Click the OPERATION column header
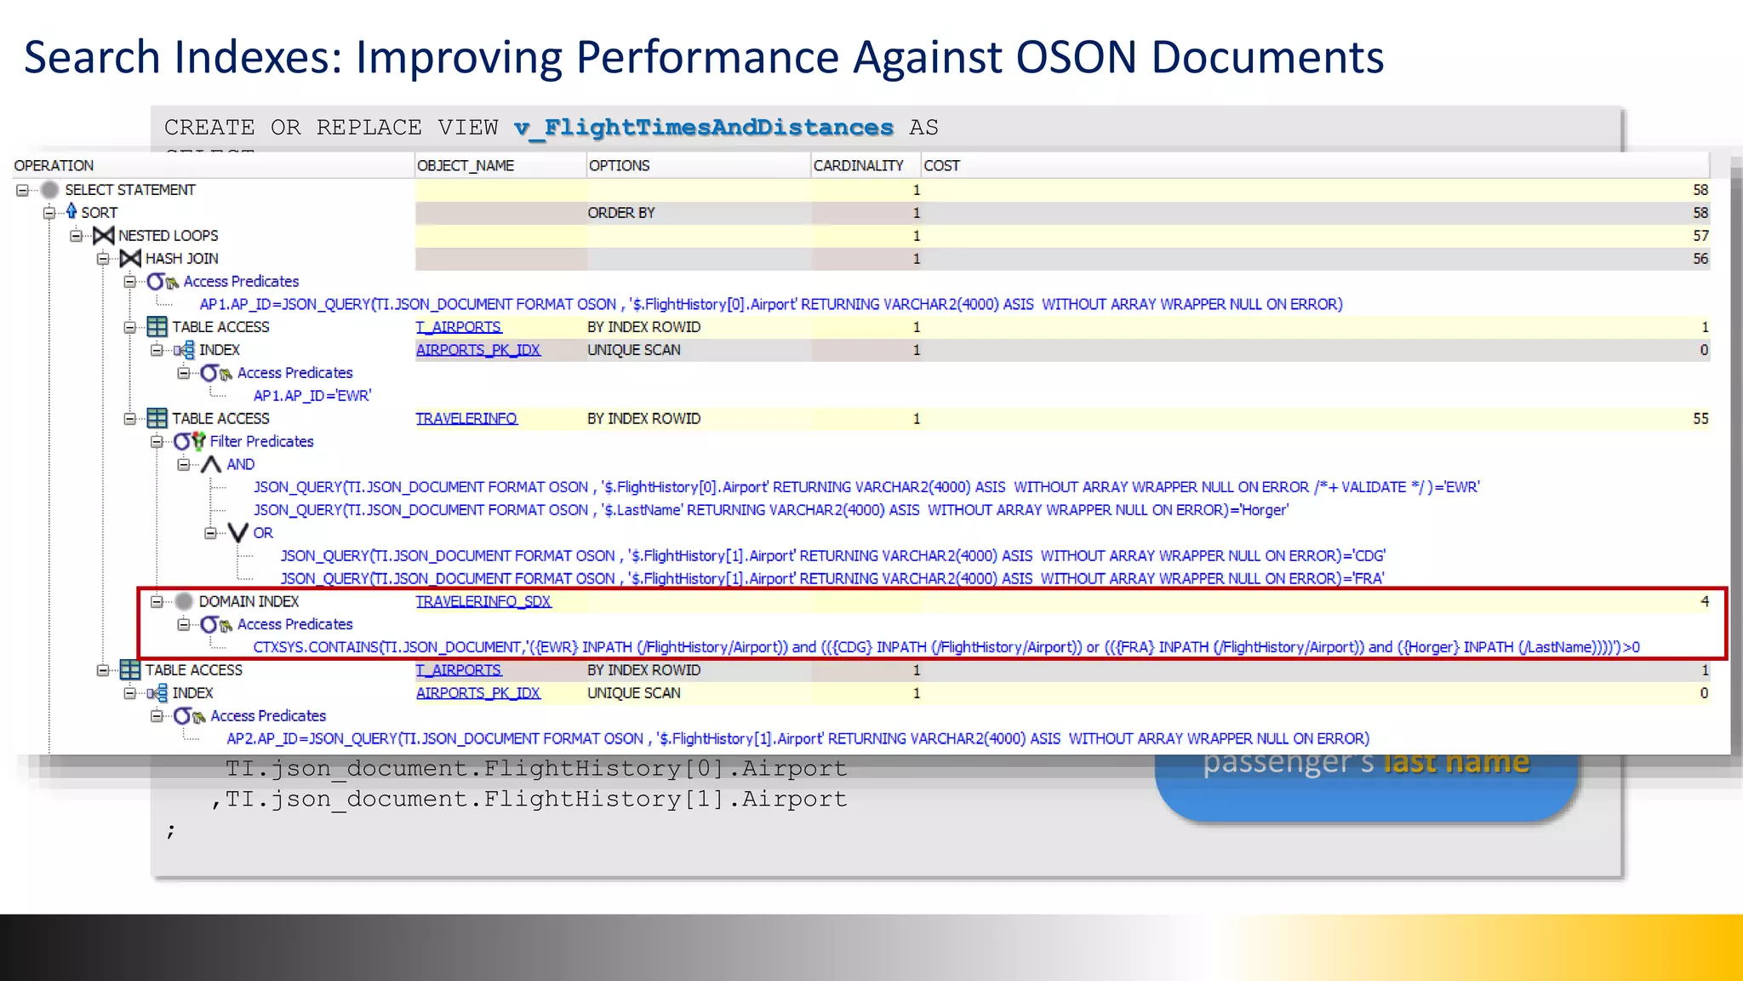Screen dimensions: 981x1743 (x=54, y=165)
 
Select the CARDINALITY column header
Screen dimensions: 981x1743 (x=858, y=165)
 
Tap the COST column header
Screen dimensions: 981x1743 (x=941, y=165)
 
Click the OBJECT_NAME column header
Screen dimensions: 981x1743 (x=466, y=165)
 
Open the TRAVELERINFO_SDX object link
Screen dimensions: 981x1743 (x=483, y=601)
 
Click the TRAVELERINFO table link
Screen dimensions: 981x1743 (x=466, y=418)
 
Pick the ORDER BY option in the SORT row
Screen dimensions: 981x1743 (x=621, y=213)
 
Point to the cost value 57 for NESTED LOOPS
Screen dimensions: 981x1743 (x=1700, y=236)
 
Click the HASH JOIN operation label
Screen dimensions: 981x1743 (x=181, y=258)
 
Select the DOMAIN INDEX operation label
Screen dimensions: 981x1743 (x=249, y=601)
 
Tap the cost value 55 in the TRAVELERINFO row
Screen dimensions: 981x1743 (x=1700, y=418)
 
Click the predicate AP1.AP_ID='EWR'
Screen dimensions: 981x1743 (x=311, y=395)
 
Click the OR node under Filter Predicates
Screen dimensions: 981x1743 (x=263, y=533)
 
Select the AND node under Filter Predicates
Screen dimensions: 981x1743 (x=240, y=464)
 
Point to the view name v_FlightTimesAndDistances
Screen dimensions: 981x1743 (x=703, y=127)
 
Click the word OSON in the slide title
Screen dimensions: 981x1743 (x=1075, y=57)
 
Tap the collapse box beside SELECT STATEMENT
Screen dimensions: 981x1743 (x=22, y=190)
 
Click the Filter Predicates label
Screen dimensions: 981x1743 (x=261, y=441)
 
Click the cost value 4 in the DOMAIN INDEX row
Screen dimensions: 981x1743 (x=1704, y=601)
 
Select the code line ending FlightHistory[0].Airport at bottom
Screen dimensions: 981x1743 (x=536, y=768)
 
